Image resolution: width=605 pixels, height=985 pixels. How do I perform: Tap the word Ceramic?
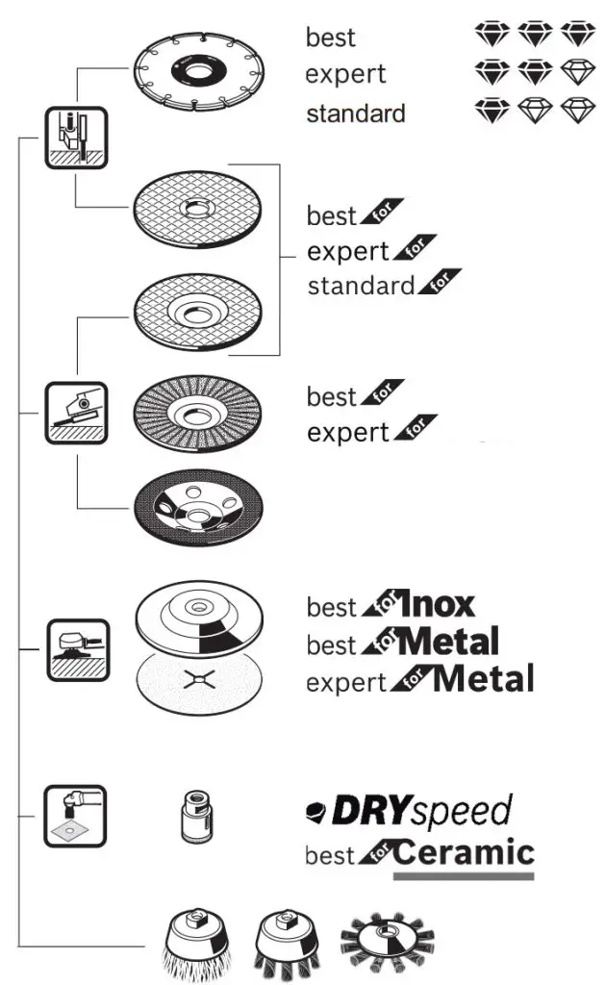[x=465, y=852]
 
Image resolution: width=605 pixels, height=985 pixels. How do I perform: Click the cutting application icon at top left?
[x=77, y=137]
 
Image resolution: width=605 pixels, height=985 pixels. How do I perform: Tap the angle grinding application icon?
[x=77, y=412]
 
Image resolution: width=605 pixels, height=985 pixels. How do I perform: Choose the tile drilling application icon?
[x=75, y=816]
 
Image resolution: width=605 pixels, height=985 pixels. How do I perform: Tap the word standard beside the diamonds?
[x=355, y=114]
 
